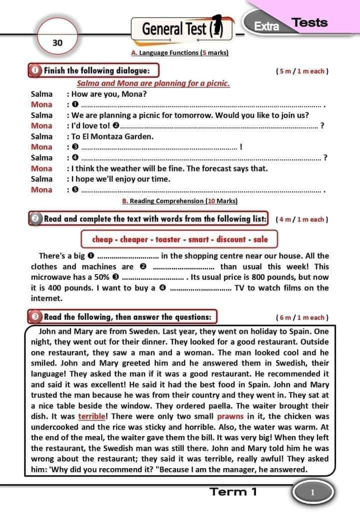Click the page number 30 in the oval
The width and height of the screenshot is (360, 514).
tap(57, 42)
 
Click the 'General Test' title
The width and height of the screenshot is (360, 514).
tap(173, 29)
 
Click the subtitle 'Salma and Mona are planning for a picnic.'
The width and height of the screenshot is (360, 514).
tap(153, 83)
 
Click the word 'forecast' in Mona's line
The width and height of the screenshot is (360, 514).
tap(215, 168)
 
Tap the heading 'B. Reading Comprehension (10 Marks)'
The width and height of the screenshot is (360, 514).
tap(179, 201)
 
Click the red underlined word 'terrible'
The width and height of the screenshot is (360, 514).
tap(92, 416)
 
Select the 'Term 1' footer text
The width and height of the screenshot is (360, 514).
tap(234, 491)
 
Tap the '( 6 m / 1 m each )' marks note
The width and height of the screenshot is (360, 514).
tap(301, 317)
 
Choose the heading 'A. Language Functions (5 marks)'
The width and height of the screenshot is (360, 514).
tap(179, 53)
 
